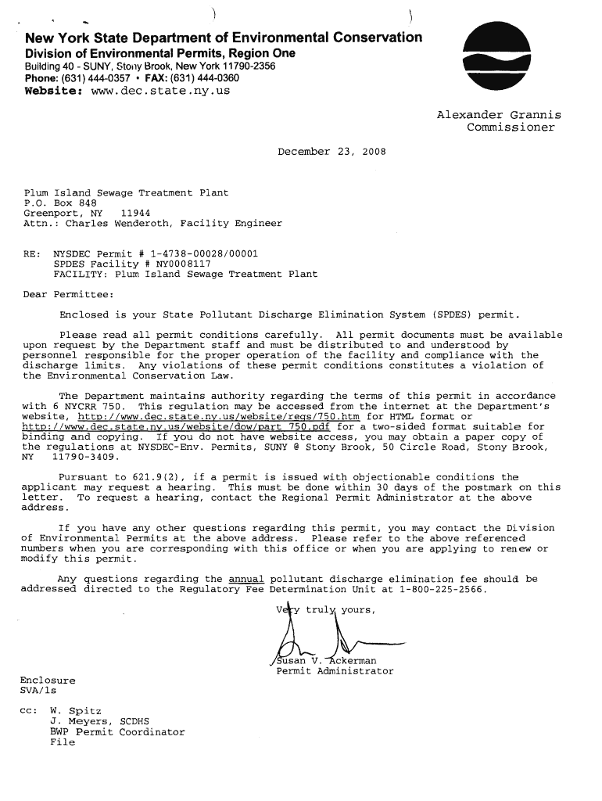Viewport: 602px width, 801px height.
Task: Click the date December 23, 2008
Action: tap(331, 152)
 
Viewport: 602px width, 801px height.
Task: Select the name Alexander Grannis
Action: tap(499, 116)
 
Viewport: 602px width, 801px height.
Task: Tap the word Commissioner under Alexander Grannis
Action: tap(511, 128)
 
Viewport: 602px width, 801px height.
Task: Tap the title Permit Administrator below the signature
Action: tap(335, 671)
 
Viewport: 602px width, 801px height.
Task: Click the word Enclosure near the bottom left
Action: tap(48, 681)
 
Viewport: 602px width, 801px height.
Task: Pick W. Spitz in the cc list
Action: tap(75, 711)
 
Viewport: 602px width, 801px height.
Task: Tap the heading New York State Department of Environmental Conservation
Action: tap(224, 38)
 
